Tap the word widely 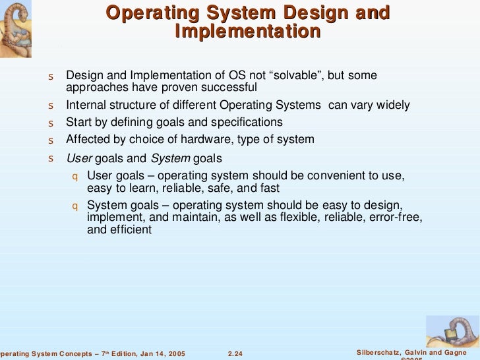click(392, 105)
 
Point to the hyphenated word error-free click(398, 217)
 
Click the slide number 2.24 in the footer click(235, 354)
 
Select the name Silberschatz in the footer click(376, 354)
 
